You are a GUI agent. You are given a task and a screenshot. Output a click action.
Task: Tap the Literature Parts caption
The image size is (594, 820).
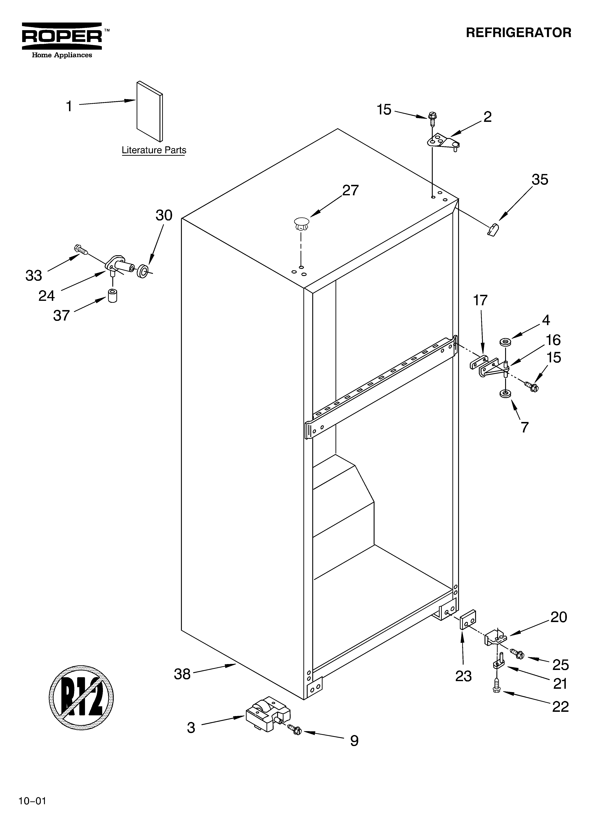pos(154,150)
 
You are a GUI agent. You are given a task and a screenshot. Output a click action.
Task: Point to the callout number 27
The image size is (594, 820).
pos(350,190)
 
